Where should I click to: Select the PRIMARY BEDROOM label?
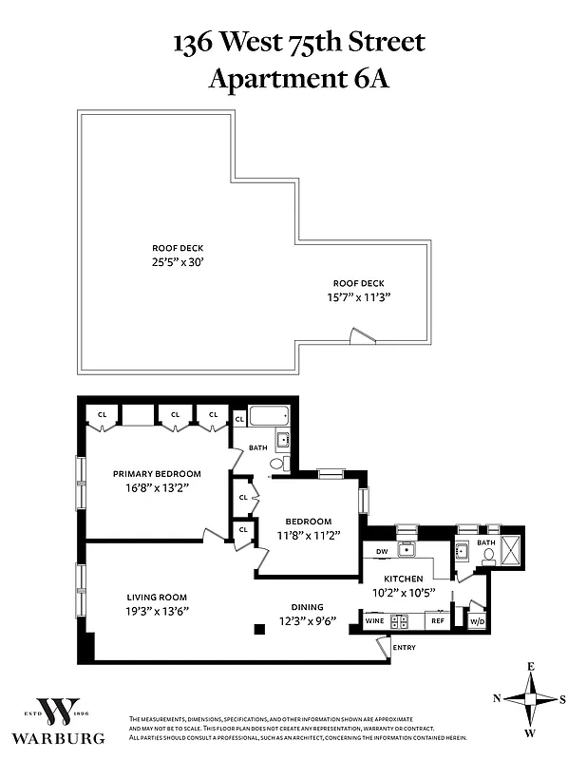(157, 474)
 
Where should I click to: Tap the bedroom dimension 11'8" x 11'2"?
(309, 535)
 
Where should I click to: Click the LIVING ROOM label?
(154, 597)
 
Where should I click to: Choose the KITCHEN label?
(403, 578)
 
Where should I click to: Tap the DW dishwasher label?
(381, 551)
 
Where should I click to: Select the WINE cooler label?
(374, 621)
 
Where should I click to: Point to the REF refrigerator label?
(437, 621)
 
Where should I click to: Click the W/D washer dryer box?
(478, 621)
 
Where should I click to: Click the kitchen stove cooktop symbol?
(403, 621)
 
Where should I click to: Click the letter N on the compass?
(496, 698)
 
